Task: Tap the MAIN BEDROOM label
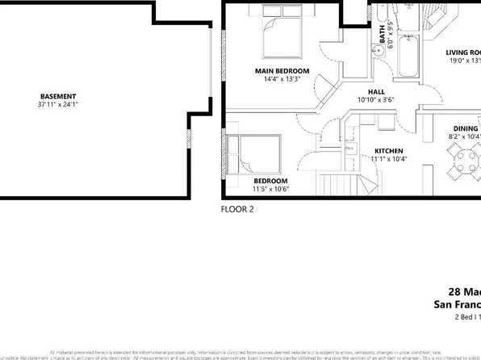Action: [282, 71]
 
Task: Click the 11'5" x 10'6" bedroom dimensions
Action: [271, 189]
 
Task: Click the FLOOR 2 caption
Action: [237, 208]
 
